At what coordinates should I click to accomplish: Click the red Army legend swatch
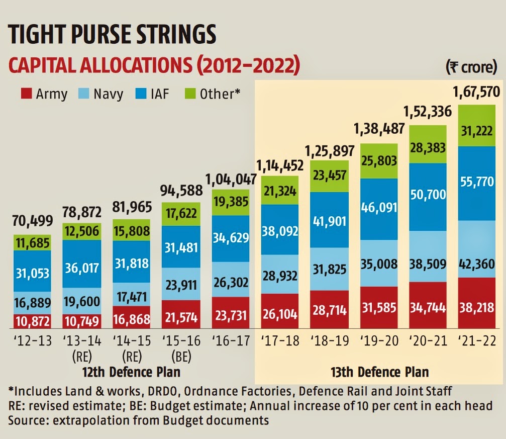pyautogui.click(x=26, y=94)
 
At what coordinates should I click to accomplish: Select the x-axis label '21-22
pyautogui.click(x=478, y=341)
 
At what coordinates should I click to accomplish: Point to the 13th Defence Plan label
pyautogui.click(x=379, y=373)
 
